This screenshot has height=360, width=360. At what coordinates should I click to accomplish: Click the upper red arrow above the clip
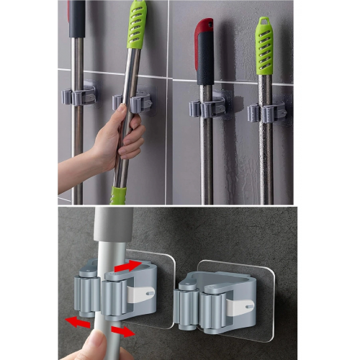coord(128,266)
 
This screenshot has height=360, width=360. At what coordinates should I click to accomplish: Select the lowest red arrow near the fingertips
coord(123,333)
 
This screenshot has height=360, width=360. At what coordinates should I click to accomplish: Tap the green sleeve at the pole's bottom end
coord(117,195)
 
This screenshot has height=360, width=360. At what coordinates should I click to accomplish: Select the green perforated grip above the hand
coord(136,25)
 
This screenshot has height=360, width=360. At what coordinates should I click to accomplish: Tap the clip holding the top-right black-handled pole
coord(207,109)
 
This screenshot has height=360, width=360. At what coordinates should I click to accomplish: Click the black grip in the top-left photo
coord(76,17)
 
